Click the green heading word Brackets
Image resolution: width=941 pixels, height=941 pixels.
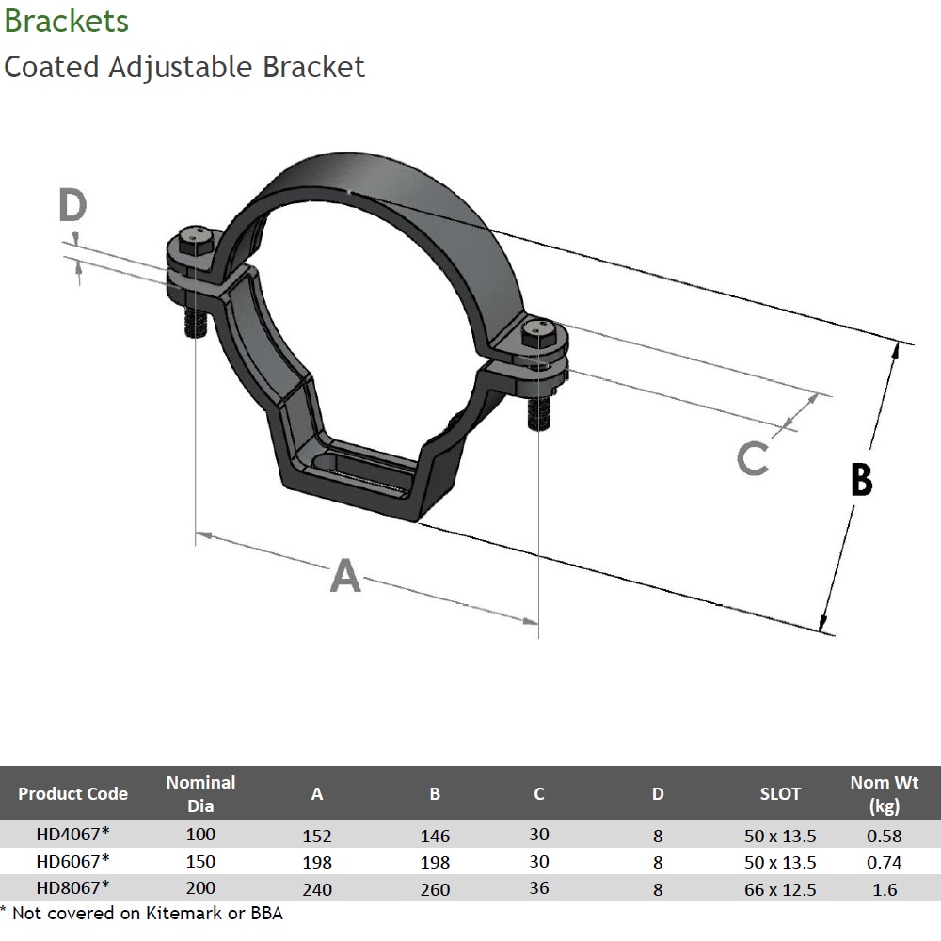click(x=67, y=21)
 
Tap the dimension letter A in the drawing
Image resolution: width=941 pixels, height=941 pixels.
click(x=344, y=575)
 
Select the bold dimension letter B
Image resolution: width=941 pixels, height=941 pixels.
click(x=861, y=479)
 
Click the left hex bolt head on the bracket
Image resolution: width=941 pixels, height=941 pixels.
click(x=193, y=239)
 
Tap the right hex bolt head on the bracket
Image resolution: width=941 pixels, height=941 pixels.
click(x=541, y=333)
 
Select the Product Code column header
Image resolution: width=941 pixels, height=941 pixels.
click(x=72, y=793)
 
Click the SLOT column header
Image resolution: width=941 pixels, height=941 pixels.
click(x=780, y=793)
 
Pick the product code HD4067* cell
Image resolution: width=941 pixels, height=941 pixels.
click(x=73, y=835)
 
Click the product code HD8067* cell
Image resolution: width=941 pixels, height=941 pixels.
click(x=73, y=887)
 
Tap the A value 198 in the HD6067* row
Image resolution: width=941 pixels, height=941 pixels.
click(x=317, y=862)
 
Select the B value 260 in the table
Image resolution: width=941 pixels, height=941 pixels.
click(x=435, y=889)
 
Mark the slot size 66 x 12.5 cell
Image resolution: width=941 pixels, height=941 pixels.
click(x=780, y=889)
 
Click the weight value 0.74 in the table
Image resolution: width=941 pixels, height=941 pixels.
click(x=885, y=862)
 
